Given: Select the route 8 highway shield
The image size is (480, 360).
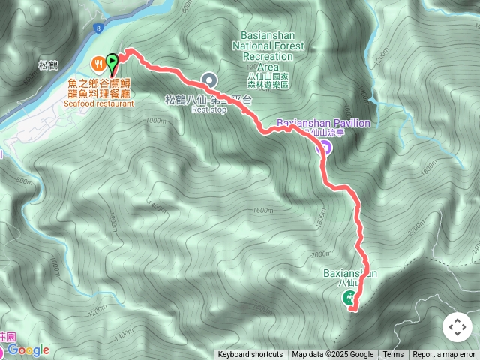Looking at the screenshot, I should (x=98, y=28).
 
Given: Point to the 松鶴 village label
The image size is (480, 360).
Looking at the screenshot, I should (x=47, y=65).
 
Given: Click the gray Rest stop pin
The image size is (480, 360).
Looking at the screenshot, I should (x=209, y=79).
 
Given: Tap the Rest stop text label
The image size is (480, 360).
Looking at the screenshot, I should (x=209, y=109).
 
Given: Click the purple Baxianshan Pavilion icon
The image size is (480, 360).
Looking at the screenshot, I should (x=323, y=147).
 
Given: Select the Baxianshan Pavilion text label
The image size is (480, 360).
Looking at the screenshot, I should (x=323, y=122).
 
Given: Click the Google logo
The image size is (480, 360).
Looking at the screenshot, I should (x=28, y=350).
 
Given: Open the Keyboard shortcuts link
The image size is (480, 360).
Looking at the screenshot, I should (x=250, y=355).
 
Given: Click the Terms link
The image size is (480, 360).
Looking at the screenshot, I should (x=393, y=355).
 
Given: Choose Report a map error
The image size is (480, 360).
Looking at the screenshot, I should (x=444, y=355).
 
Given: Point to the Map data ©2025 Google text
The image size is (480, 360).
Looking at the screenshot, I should (x=332, y=355).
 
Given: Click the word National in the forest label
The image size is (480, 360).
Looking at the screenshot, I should (x=268, y=46).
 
